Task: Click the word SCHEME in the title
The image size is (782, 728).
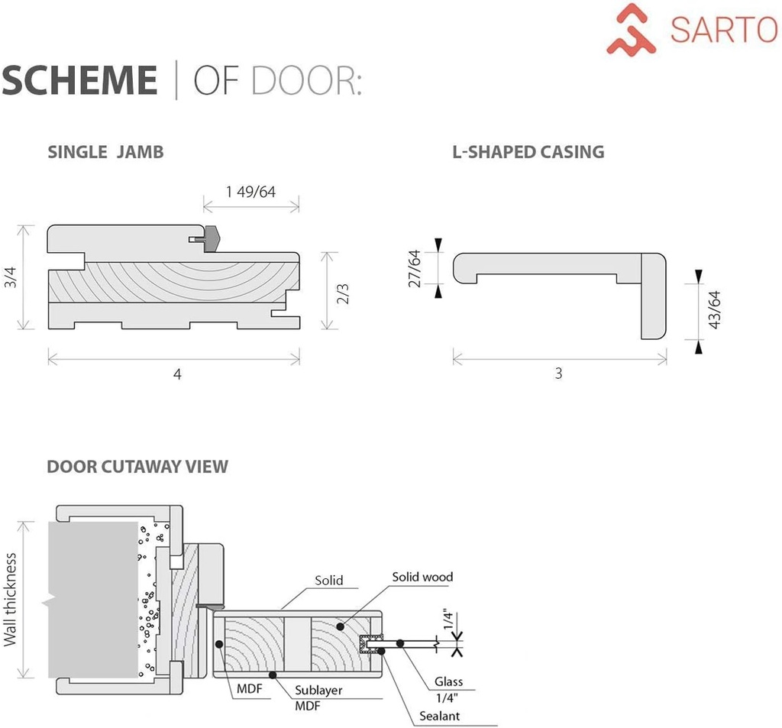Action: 79,80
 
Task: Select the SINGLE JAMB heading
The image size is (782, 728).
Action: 105,151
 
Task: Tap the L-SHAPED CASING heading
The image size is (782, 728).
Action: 528,151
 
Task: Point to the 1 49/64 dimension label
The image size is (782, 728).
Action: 250,191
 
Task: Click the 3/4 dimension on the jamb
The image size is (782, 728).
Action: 10,277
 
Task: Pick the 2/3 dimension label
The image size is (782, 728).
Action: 343,292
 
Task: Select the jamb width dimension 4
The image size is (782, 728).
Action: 177,374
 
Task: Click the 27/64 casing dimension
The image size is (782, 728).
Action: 415,268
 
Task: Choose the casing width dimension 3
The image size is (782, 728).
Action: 559,374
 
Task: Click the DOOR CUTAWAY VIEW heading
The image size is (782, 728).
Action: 137,466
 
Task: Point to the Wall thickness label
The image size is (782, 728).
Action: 10,600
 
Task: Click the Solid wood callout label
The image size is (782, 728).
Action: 422,577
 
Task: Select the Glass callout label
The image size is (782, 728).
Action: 448,681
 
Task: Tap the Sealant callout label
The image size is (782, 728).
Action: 440,716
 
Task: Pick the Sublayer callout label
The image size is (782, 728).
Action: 318,690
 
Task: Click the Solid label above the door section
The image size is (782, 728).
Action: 329,581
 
